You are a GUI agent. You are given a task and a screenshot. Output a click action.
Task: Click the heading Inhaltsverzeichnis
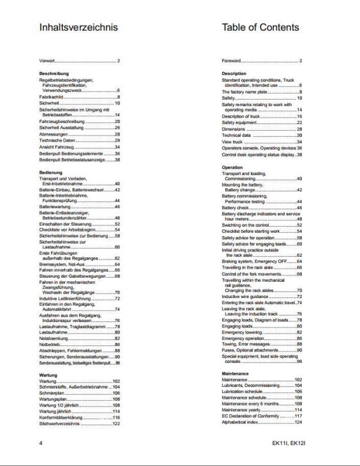(78, 27)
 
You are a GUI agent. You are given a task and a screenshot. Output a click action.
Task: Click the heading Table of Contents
(260, 27)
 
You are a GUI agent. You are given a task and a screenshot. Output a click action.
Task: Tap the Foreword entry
(231, 61)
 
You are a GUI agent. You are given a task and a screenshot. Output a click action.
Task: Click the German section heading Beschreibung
(55, 73)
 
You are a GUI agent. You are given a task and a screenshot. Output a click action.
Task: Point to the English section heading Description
(234, 73)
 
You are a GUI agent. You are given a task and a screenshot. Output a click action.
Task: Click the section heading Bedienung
(51, 172)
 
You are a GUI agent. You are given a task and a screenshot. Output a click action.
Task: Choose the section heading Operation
(232, 167)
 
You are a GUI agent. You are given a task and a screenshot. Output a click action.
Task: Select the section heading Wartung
(48, 375)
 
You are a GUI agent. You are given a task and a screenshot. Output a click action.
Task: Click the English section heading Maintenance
(235, 373)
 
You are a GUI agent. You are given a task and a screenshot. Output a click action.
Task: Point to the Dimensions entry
(233, 129)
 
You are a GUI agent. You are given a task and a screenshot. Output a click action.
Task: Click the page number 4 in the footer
(40, 444)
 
